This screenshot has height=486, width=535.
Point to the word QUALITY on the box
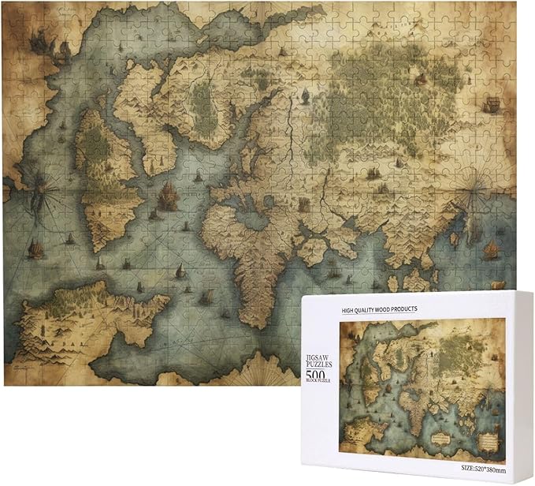click(x=375, y=310)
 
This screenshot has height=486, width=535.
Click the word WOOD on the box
click(x=399, y=310)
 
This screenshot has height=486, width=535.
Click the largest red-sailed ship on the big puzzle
click(x=167, y=192)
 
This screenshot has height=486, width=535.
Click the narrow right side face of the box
click(x=520, y=387)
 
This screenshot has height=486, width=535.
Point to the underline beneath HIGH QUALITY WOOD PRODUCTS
click(x=391, y=316)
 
